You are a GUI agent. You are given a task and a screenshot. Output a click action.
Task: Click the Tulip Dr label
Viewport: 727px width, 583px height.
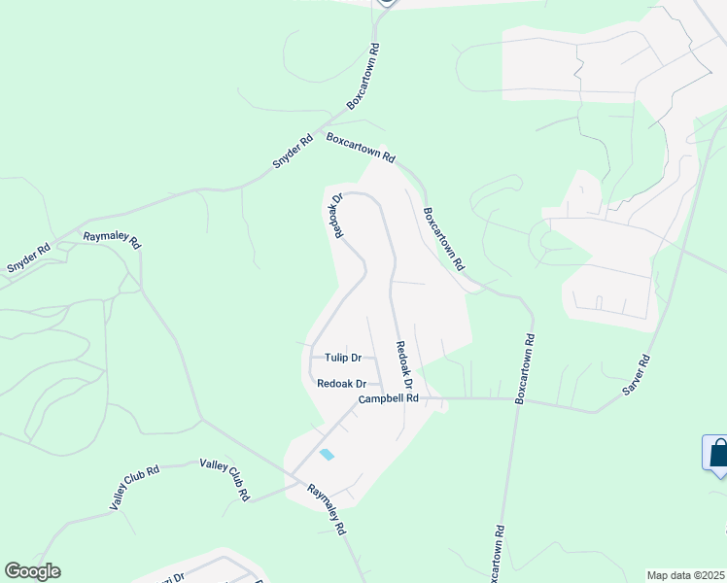[342, 358]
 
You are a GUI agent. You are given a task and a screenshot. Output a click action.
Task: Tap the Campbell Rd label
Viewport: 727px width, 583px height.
[388, 398]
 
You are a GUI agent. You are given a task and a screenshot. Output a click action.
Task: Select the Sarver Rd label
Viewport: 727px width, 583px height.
[636, 373]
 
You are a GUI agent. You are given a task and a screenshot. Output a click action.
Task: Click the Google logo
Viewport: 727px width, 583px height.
[32, 571]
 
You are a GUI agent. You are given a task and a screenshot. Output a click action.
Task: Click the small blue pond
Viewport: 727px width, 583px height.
[327, 454]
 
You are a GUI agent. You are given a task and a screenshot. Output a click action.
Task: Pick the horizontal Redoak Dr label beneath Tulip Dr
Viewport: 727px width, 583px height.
[341, 383]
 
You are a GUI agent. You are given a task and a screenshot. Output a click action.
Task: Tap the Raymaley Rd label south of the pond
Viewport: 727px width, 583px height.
[329, 510]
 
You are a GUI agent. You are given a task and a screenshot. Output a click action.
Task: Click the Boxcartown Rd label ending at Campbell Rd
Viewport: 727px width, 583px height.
[526, 370]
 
